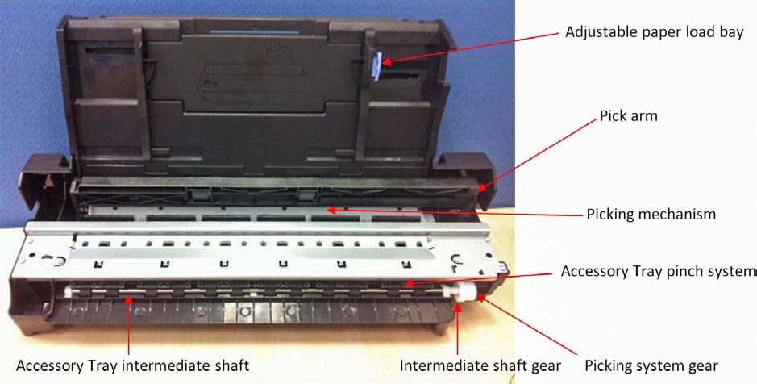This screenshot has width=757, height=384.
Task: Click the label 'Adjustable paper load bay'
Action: (x=654, y=32)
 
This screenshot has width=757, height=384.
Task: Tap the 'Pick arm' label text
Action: (x=628, y=116)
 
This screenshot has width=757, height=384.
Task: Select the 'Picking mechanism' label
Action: (x=651, y=214)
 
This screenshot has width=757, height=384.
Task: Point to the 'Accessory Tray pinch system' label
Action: (x=659, y=271)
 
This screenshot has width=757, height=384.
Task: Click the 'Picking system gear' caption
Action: (x=651, y=366)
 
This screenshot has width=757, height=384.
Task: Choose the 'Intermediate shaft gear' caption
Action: (x=480, y=365)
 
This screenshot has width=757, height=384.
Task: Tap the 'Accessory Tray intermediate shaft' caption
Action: (x=133, y=365)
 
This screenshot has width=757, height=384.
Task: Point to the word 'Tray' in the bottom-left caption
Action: (x=103, y=366)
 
